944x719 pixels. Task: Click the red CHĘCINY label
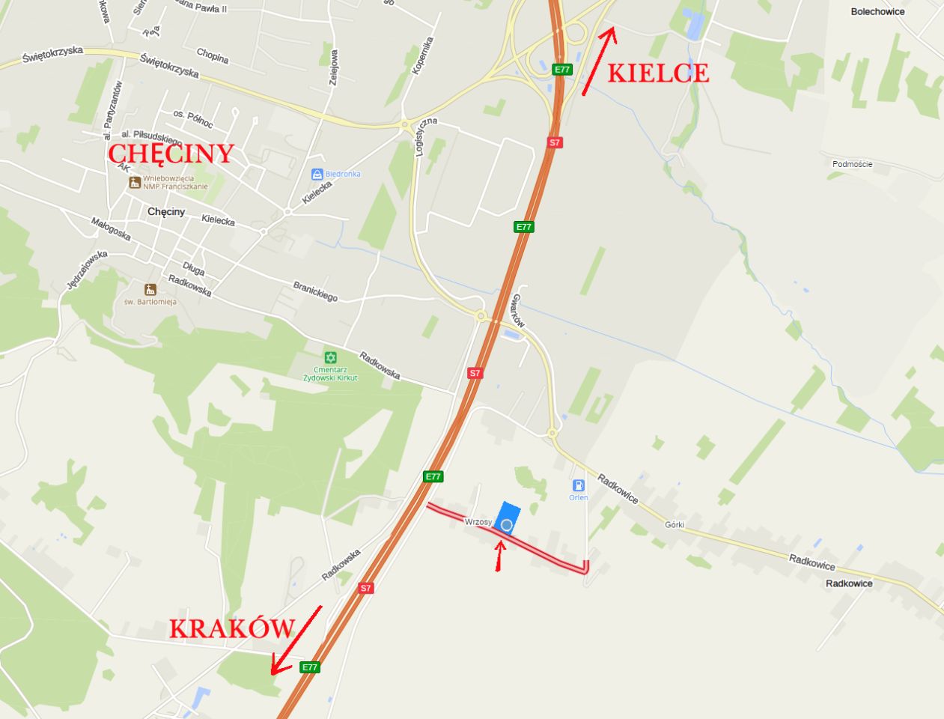[171, 154]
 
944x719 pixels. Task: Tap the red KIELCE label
[658, 73]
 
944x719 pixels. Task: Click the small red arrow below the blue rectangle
[499, 555]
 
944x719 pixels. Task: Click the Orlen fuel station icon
[578, 485]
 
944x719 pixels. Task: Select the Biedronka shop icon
[317, 174]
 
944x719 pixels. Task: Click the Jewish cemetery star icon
[330, 358]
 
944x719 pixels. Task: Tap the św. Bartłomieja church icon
[150, 289]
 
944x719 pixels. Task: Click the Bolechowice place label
[877, 12]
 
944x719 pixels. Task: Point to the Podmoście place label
[852, 164]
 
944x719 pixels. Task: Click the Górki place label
[674, 525]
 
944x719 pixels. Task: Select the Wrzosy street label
[478, 521]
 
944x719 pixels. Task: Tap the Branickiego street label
[314, 291]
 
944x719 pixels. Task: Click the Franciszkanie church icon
[134, 182]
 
